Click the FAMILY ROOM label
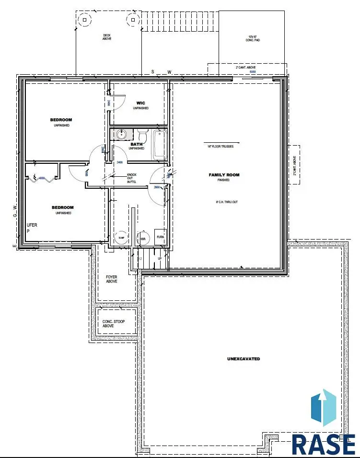click(x=224, y=175)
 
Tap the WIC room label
click(x=140, y=103)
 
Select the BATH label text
click(x=137, y=144)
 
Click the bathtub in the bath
click(x=160, y=144)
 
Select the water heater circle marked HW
click(x=142, y=238)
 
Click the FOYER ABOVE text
click(x=111, y=279)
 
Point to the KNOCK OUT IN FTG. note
click(x=132, y=178)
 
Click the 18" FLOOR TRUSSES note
click(x=221, y=146)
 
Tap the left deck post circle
click(x=85, y=20)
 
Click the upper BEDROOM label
click(x=61, y=120)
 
